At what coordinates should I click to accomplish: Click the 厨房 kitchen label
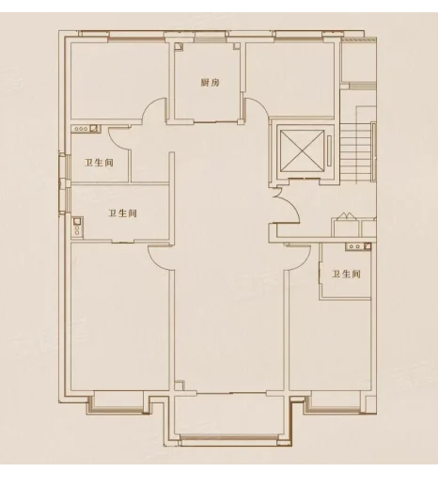coord(210,83)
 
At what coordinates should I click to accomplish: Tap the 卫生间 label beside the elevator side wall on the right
coord(346,274)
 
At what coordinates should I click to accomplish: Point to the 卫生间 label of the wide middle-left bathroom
coord(122,214)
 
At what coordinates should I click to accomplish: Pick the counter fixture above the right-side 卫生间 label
coord(357,247)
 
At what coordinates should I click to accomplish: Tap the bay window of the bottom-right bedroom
coord(334,403)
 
